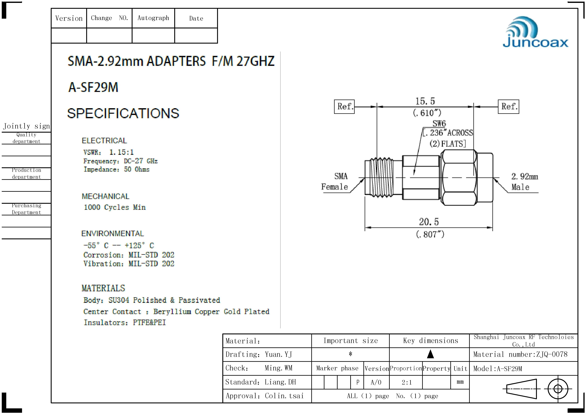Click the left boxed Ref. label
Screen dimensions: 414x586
344,106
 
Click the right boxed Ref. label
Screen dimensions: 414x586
508,106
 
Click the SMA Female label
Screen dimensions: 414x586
335,181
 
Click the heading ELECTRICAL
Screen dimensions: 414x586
104,141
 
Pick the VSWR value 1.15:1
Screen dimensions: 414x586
122,152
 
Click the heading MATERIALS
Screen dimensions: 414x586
103,288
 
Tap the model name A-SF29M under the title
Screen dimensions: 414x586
93,87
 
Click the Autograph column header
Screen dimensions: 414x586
153,18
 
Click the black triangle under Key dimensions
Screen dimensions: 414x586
430,354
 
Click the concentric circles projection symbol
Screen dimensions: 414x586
558,389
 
